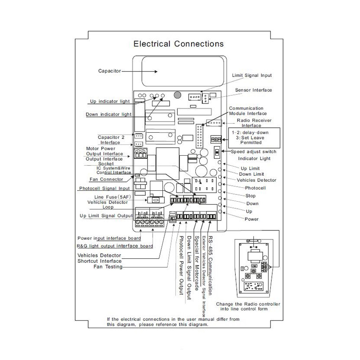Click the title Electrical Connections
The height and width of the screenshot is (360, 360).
coord(179,44)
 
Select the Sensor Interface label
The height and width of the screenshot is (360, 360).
coord(253,90)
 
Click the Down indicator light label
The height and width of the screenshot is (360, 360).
coord(108,114)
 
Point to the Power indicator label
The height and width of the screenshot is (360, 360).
coord(252,219)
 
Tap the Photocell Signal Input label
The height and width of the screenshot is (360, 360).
coord(104,188)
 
